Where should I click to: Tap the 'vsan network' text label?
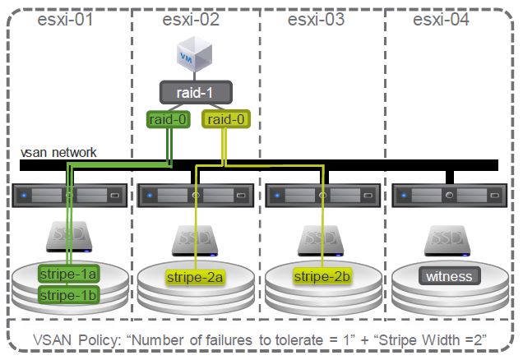click(59, 152)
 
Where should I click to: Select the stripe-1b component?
click(69, 293)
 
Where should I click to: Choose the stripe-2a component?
click(195, 277)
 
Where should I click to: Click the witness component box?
click(448, 276)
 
